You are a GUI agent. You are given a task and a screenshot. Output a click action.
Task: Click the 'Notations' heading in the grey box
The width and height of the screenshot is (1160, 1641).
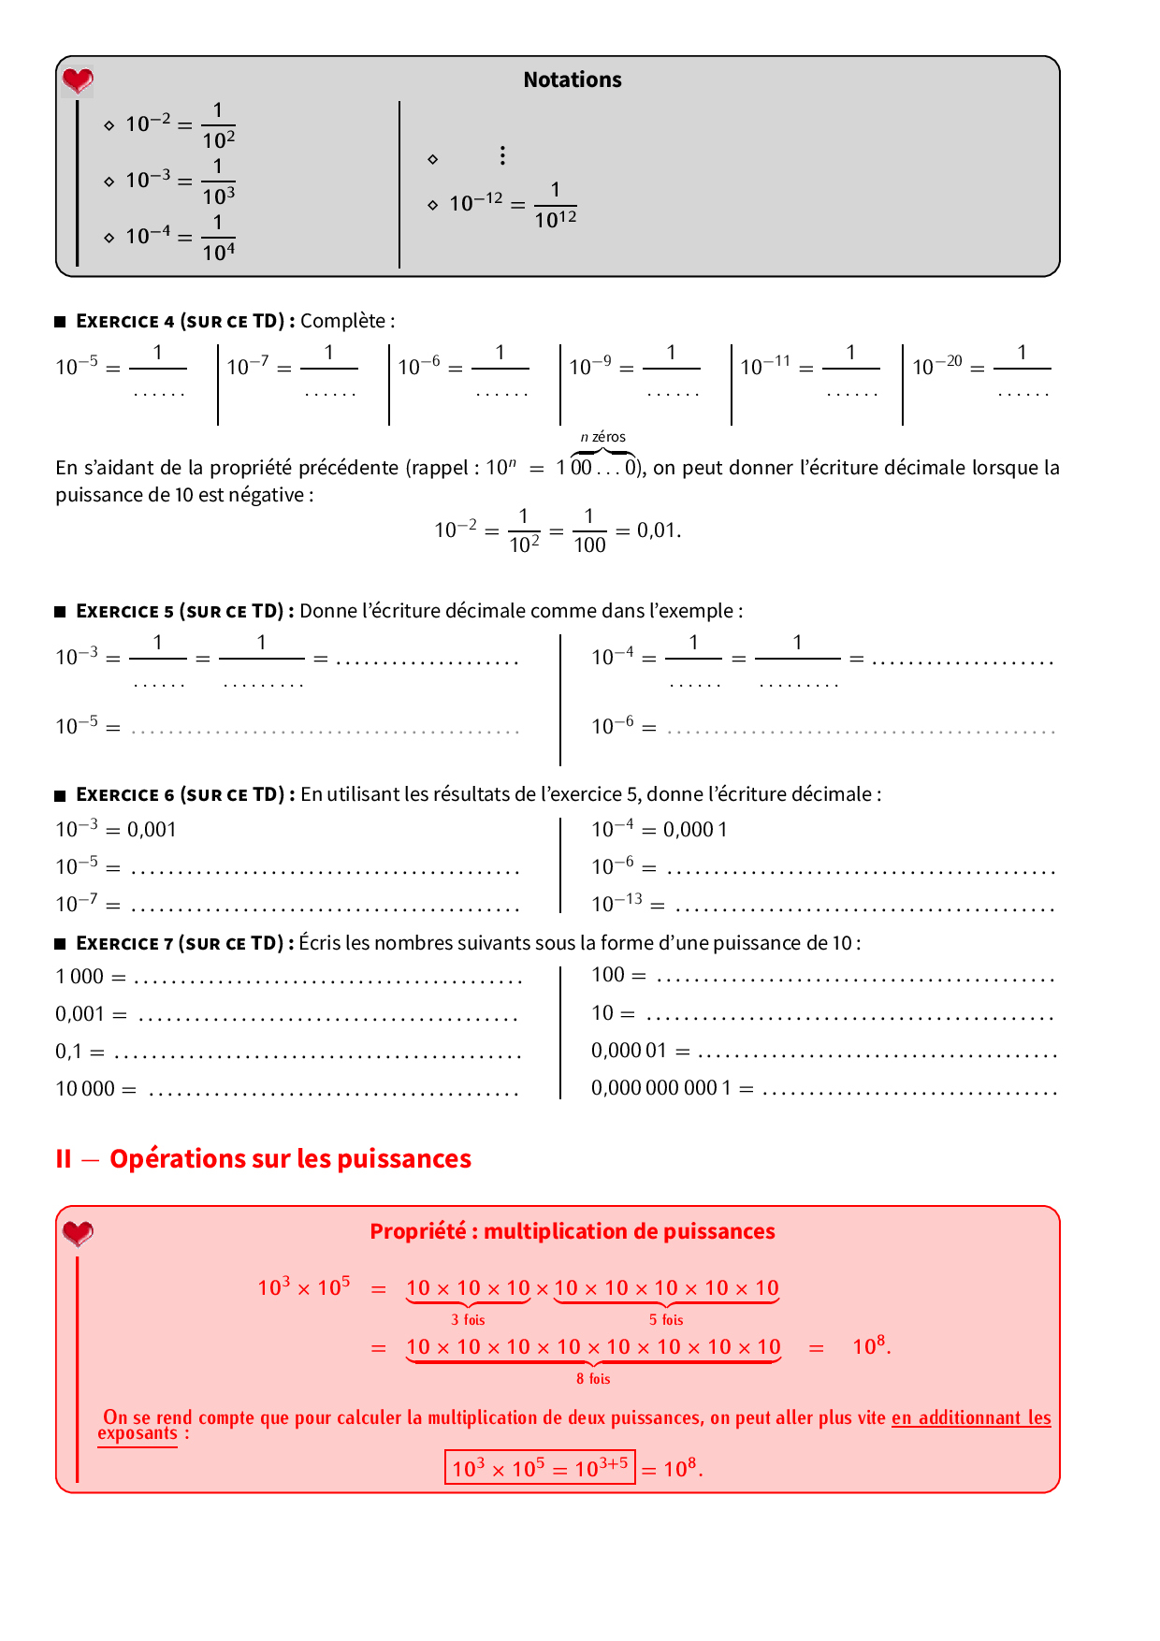pyautogui.click(x=572, y=80)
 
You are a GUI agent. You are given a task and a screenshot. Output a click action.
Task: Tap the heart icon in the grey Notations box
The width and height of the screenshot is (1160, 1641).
pyautogui.click(x=78, y=81)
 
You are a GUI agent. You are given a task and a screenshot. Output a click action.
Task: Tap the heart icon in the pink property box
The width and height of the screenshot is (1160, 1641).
pyautogui.click(x=78, y=1233)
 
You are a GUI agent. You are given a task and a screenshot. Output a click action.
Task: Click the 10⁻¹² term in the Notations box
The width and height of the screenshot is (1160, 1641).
pyautogui.click(x=475, y=203)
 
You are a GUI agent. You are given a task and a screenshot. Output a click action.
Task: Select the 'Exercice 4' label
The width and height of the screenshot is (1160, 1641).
pyautogui.click(x=124, y=321)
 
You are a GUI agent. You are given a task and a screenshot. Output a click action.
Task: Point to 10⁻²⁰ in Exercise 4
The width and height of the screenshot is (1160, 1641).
pyautogui.click(x=936, y=366)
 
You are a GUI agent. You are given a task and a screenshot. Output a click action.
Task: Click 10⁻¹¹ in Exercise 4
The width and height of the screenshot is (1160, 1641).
pyautogui.click(x=765, y=366)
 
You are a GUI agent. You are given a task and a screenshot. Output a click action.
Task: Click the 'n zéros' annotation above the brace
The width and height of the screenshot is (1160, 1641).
pyautogui.click(x=602, y=437)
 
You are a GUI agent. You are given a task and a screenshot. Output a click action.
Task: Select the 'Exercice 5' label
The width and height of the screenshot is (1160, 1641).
pyautogui.click(x=124, y=611)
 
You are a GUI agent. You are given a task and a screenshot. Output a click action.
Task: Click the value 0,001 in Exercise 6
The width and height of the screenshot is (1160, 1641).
pyautogui.click(x=152, y=830)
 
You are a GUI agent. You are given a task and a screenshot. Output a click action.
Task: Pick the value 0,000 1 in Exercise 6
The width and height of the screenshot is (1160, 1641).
pyautogui.click(x=695, y=830)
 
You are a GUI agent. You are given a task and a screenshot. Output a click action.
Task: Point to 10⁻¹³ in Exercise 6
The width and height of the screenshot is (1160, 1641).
pyautogui.click(x=616, y=904)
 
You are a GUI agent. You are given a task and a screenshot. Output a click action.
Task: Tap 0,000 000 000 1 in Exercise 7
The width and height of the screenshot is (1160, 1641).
pyautogui.click(x=660, y=1088)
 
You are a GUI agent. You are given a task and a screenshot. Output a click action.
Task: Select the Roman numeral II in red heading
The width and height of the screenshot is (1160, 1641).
pyautogui.click(x=64, y=1159)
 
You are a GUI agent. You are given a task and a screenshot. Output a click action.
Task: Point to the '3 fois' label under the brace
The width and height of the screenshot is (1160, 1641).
pyautogui.click(x=468, y=1320)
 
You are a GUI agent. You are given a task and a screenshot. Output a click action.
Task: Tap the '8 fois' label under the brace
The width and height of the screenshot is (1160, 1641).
pyautogui.click(x=593, y=1379)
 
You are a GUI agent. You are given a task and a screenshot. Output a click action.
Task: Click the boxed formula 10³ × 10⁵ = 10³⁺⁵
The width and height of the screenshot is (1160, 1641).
pyautogui.click(x=540, y=1467)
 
